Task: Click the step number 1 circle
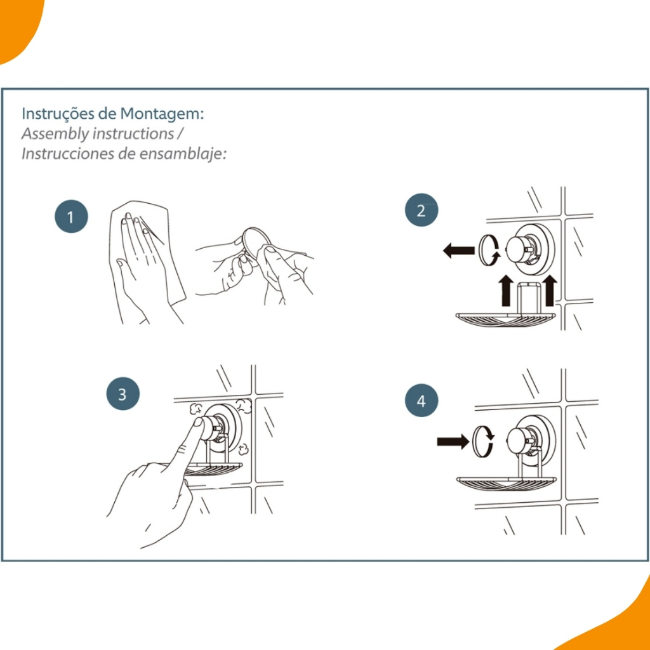click(x=71, y=216)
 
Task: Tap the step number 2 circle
click(x=421, y=210)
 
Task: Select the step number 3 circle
click(x=123, y=394)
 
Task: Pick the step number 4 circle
click(x=421, y=401)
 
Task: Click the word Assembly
click(x=55, y=135)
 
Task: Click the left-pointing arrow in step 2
click(x=458, y=250)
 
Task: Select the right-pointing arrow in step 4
click(x=453, y=442)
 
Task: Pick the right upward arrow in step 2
click(x=550, y=290)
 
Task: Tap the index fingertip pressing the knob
click(x=199, y=422)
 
